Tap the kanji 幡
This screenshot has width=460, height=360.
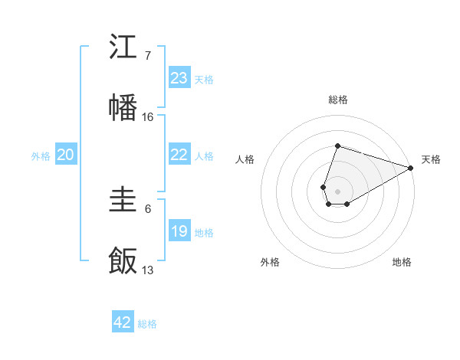click(123, 108)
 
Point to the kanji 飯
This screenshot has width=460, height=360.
click(123, 260)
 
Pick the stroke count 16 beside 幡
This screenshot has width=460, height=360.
click(148, 116)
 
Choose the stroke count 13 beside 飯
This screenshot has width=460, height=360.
click(148, 270)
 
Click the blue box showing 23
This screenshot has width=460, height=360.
click(179, 78)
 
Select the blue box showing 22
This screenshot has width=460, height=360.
click(179, 155)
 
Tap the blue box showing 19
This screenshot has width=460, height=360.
click(179, 231)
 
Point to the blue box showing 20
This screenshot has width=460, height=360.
click(66, 155)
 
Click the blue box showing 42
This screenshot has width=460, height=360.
click(123, 322)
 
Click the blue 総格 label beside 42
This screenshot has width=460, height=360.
click(147, 324)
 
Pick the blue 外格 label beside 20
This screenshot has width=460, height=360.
click(41, 156)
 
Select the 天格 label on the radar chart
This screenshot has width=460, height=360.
click(431, 159)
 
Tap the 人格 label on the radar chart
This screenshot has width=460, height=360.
click(245, 159)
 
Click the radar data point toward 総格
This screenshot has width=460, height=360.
click(337, 146)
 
